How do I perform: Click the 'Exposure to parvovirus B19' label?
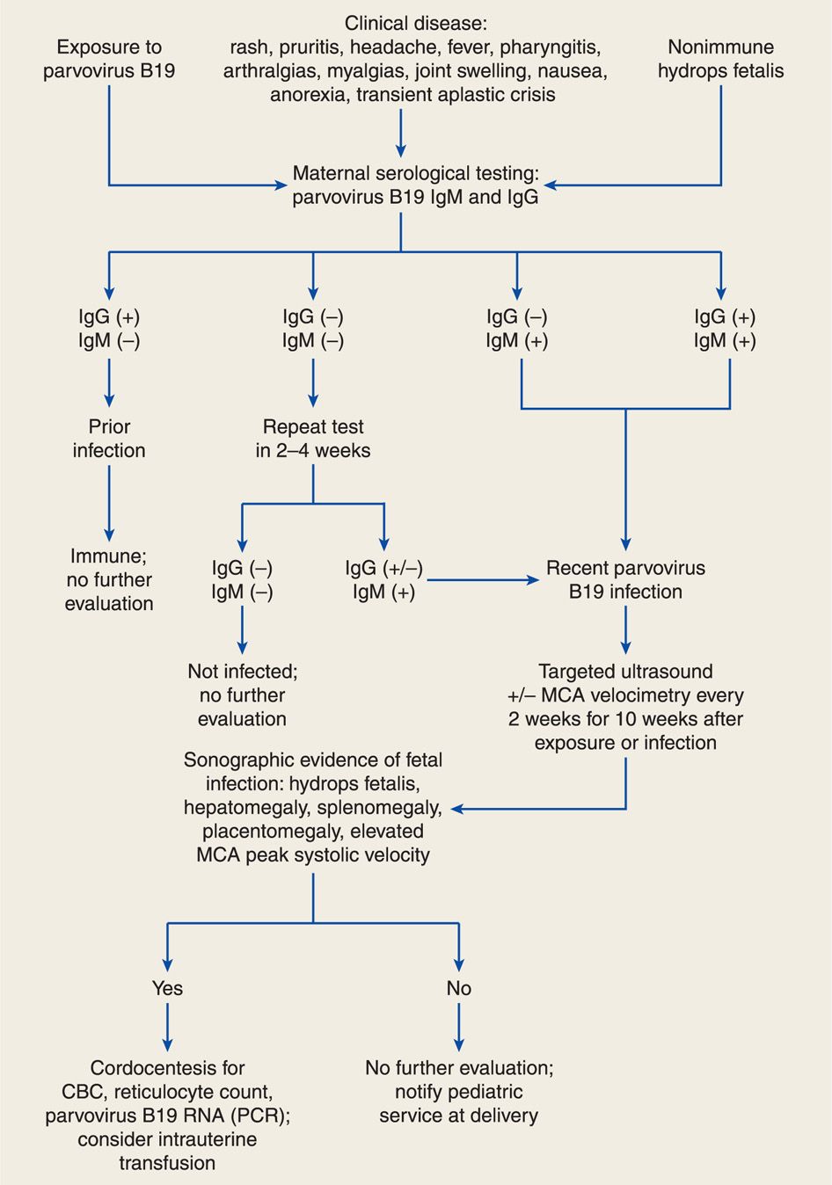point(109,59)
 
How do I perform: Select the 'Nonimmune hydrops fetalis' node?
point(720,59)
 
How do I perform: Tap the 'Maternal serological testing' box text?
point(415,185)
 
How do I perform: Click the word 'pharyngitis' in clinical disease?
point(550,47)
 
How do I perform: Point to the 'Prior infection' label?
point(109,439)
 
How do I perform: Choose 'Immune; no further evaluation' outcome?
point(109,579)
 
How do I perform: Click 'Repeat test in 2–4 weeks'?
point(313,439)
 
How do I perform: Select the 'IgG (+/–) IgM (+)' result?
point(383,580)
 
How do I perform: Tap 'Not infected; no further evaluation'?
point(242,694)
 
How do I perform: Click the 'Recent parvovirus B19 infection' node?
point(625,580)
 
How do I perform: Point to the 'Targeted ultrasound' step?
point(625,672)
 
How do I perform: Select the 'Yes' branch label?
point(167,988)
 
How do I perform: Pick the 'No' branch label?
point(459,988)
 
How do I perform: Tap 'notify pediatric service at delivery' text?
point(459,1104)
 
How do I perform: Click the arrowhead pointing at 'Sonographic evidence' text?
point(457,808)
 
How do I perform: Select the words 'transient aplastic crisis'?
point(457,95)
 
